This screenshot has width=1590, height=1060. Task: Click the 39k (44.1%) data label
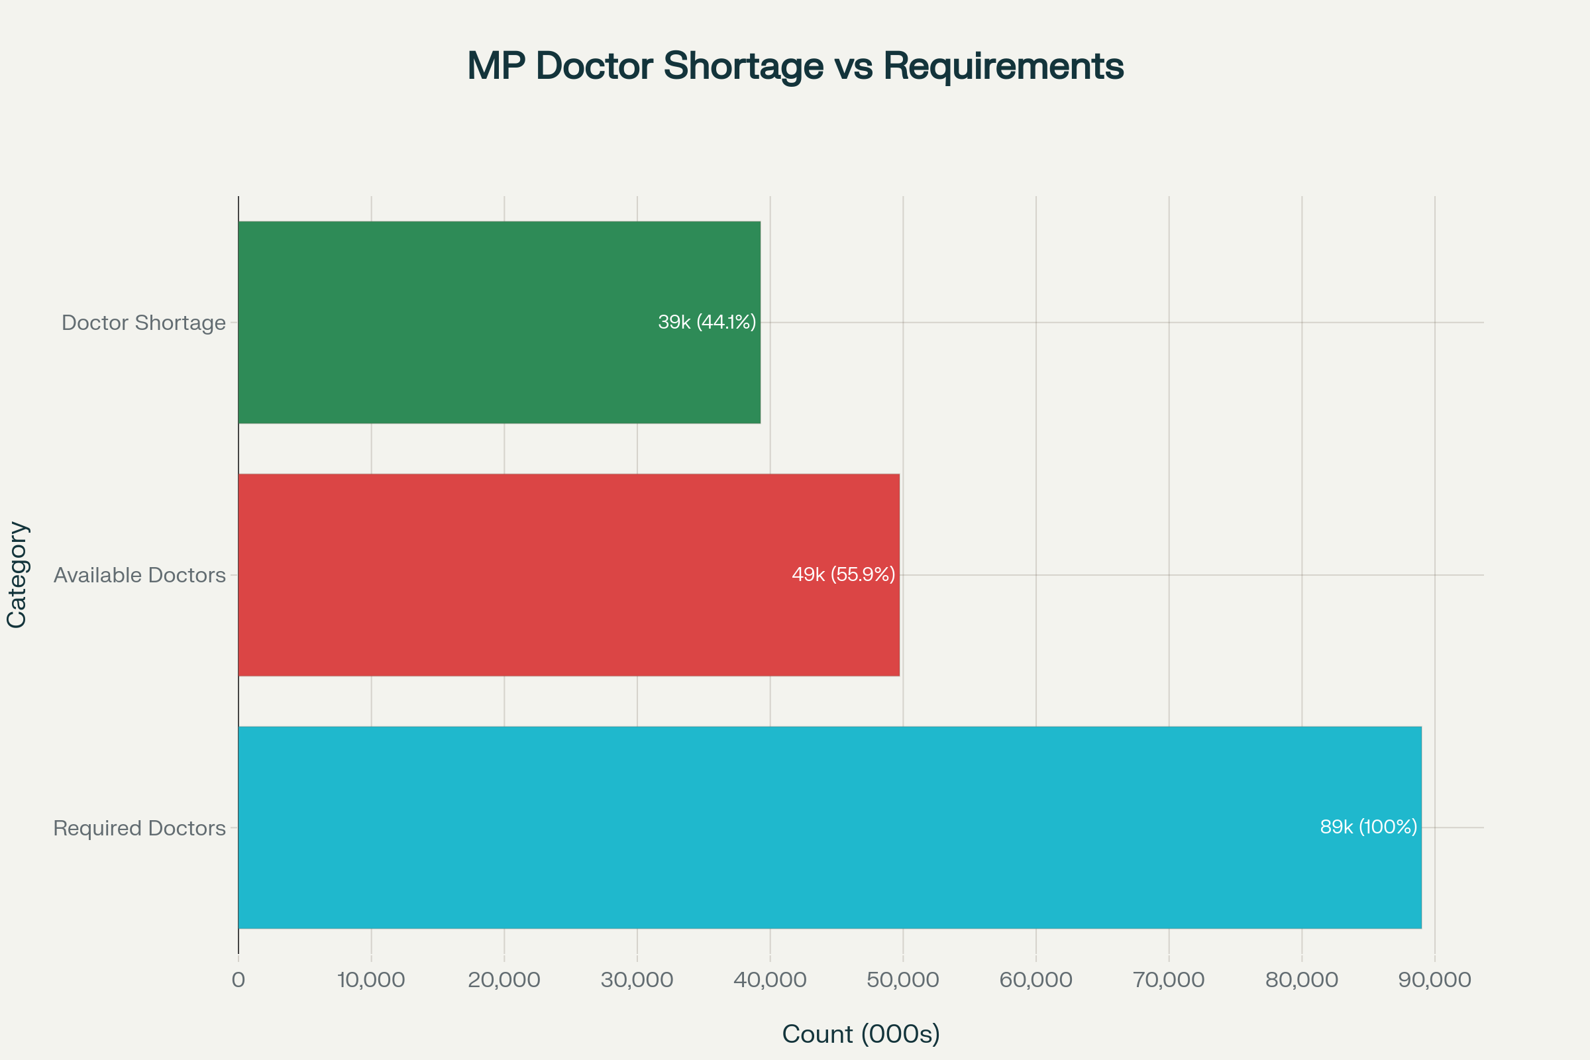[706, 323]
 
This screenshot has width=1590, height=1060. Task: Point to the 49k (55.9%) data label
[843, 574]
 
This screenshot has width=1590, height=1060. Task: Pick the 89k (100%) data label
[1368, 827]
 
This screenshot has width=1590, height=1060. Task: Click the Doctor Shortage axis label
[143, 323]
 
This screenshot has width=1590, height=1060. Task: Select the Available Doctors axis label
[139, 575]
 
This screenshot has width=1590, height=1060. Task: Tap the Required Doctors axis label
[139, 828]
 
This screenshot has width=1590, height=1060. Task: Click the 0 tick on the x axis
[238, 980]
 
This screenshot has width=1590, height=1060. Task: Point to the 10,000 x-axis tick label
[370, 980]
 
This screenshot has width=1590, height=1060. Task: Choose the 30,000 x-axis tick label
[637, 980]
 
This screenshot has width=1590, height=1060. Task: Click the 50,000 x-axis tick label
[902, 980]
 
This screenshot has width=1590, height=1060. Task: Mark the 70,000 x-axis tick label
[1168, 980]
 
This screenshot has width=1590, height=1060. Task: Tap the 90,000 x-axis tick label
[1434, 980]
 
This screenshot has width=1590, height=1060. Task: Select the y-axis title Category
[17, 574]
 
